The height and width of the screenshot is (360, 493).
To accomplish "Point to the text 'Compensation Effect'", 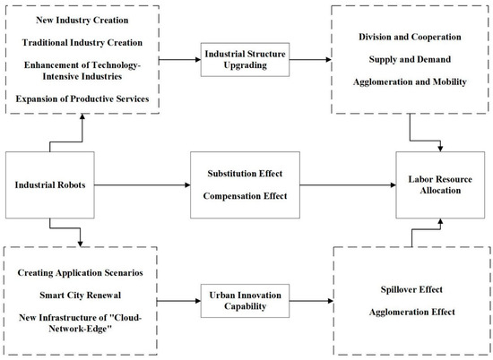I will point(244,198).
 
